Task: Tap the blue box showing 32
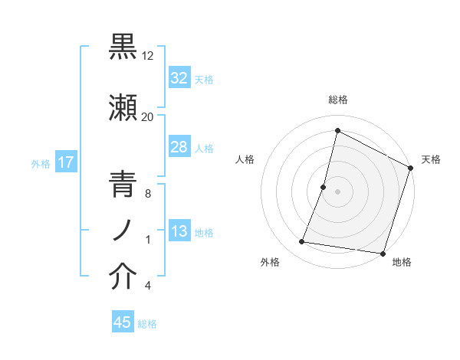pyautogui.click(x=179, y=78)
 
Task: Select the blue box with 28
pyautogui.click(x=179, y=147)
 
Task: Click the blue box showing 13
pyautogui.click(x=179, y=232)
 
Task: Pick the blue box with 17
pyautogui.click(x=65, y=163)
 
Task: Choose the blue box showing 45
pyautogui.click(x=123, y=322)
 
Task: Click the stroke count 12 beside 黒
pyautogui.click(x=148, y=56)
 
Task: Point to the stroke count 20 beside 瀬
pyautogui.click(x=148, y=117)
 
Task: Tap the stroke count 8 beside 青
pyautogui.click(x=147, y=195)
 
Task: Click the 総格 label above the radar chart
pyautogui.click(x=338, y=100)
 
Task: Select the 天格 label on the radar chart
pyautogui.click(x=432, y=159)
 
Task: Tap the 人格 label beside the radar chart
pyautogui.click(x=245, y=159)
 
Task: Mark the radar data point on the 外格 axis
pyautogui.click(x=302, y=242)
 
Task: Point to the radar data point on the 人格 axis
pyautogui.click(x=324, y=187)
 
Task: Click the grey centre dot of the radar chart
pyautogui.click(x=338, y=191)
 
